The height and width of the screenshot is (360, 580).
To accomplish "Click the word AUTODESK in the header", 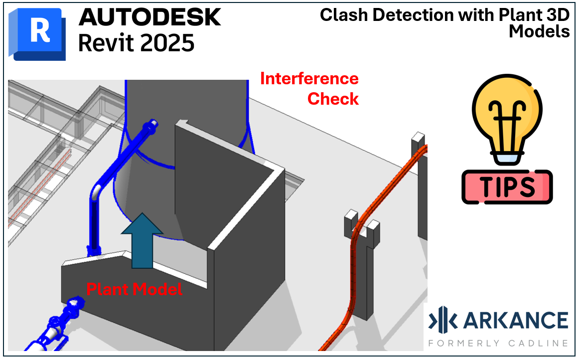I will pos(149,18).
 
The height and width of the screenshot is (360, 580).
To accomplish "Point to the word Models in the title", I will pos(539,31).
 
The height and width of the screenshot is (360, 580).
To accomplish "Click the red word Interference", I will pos(309,79).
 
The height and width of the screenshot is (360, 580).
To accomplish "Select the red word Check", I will pos(333,99).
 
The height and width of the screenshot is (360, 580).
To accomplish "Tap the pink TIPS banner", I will pos(507,186).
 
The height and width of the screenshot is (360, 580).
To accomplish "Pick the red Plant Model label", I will pos(134,289).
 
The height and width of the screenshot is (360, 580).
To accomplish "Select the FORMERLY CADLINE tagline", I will pos(498,343).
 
